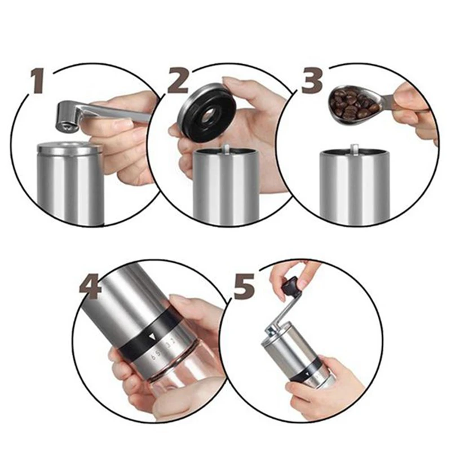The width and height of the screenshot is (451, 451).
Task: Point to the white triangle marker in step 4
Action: pos(152,337)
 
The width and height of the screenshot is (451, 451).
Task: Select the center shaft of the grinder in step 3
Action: pos(355,149)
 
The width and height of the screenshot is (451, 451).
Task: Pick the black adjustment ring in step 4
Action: pos(147,335)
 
